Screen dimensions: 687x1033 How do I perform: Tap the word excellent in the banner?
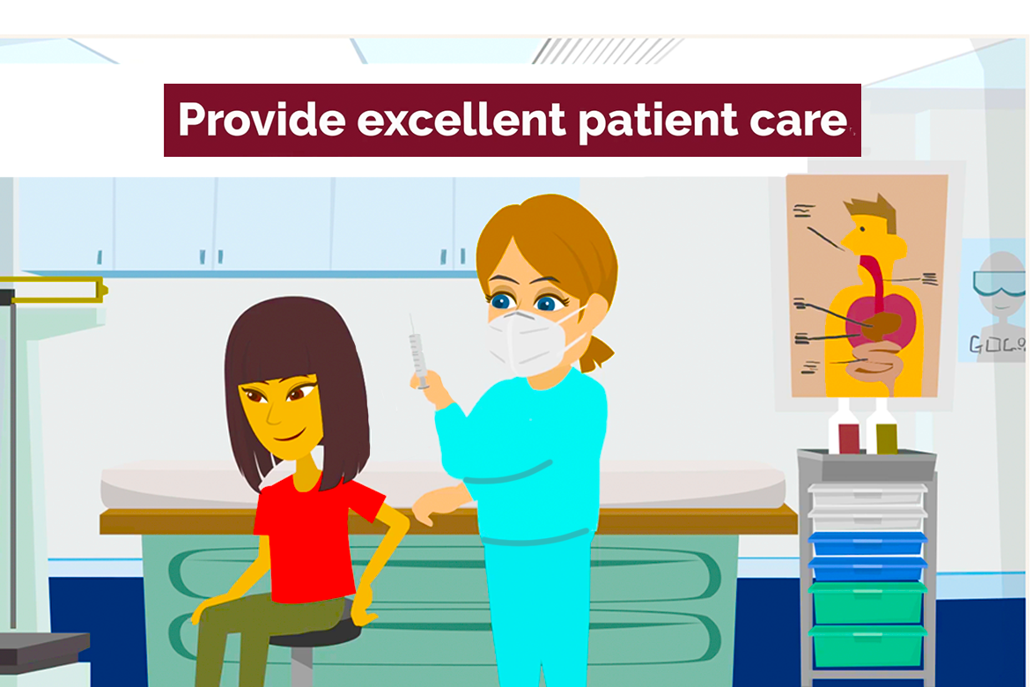(x=461, y=120)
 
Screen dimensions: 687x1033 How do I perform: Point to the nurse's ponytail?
(x=598, y=352)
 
